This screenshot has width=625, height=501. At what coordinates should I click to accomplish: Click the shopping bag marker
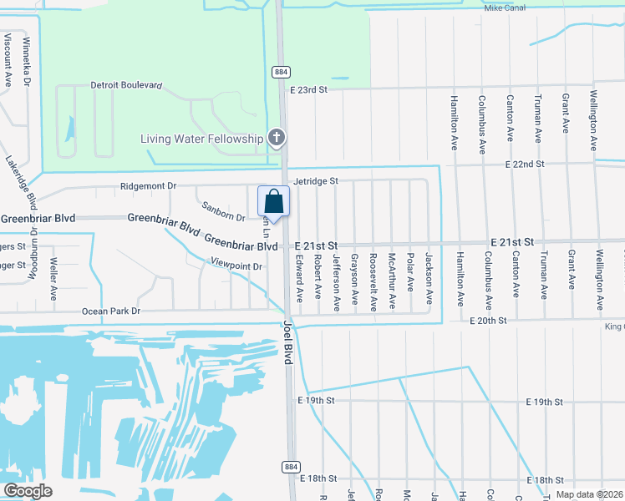[273, 202]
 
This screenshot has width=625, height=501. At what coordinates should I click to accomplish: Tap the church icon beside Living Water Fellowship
[277, 138]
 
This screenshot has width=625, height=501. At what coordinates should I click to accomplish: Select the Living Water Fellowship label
[201, 139]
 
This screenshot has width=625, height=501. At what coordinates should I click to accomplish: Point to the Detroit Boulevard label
[126, 85]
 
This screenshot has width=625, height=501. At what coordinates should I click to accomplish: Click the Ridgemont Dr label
[149, 186]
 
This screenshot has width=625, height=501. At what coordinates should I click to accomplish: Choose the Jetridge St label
[315, 180]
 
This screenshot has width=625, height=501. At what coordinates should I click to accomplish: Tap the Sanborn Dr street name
[223, 211]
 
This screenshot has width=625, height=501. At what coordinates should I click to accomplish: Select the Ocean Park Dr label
[112, 311]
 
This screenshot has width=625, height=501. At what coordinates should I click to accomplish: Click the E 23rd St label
[311, 89]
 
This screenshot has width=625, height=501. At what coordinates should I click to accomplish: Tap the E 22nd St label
[525, 164]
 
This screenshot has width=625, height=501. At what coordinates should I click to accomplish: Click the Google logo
[28, 491]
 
